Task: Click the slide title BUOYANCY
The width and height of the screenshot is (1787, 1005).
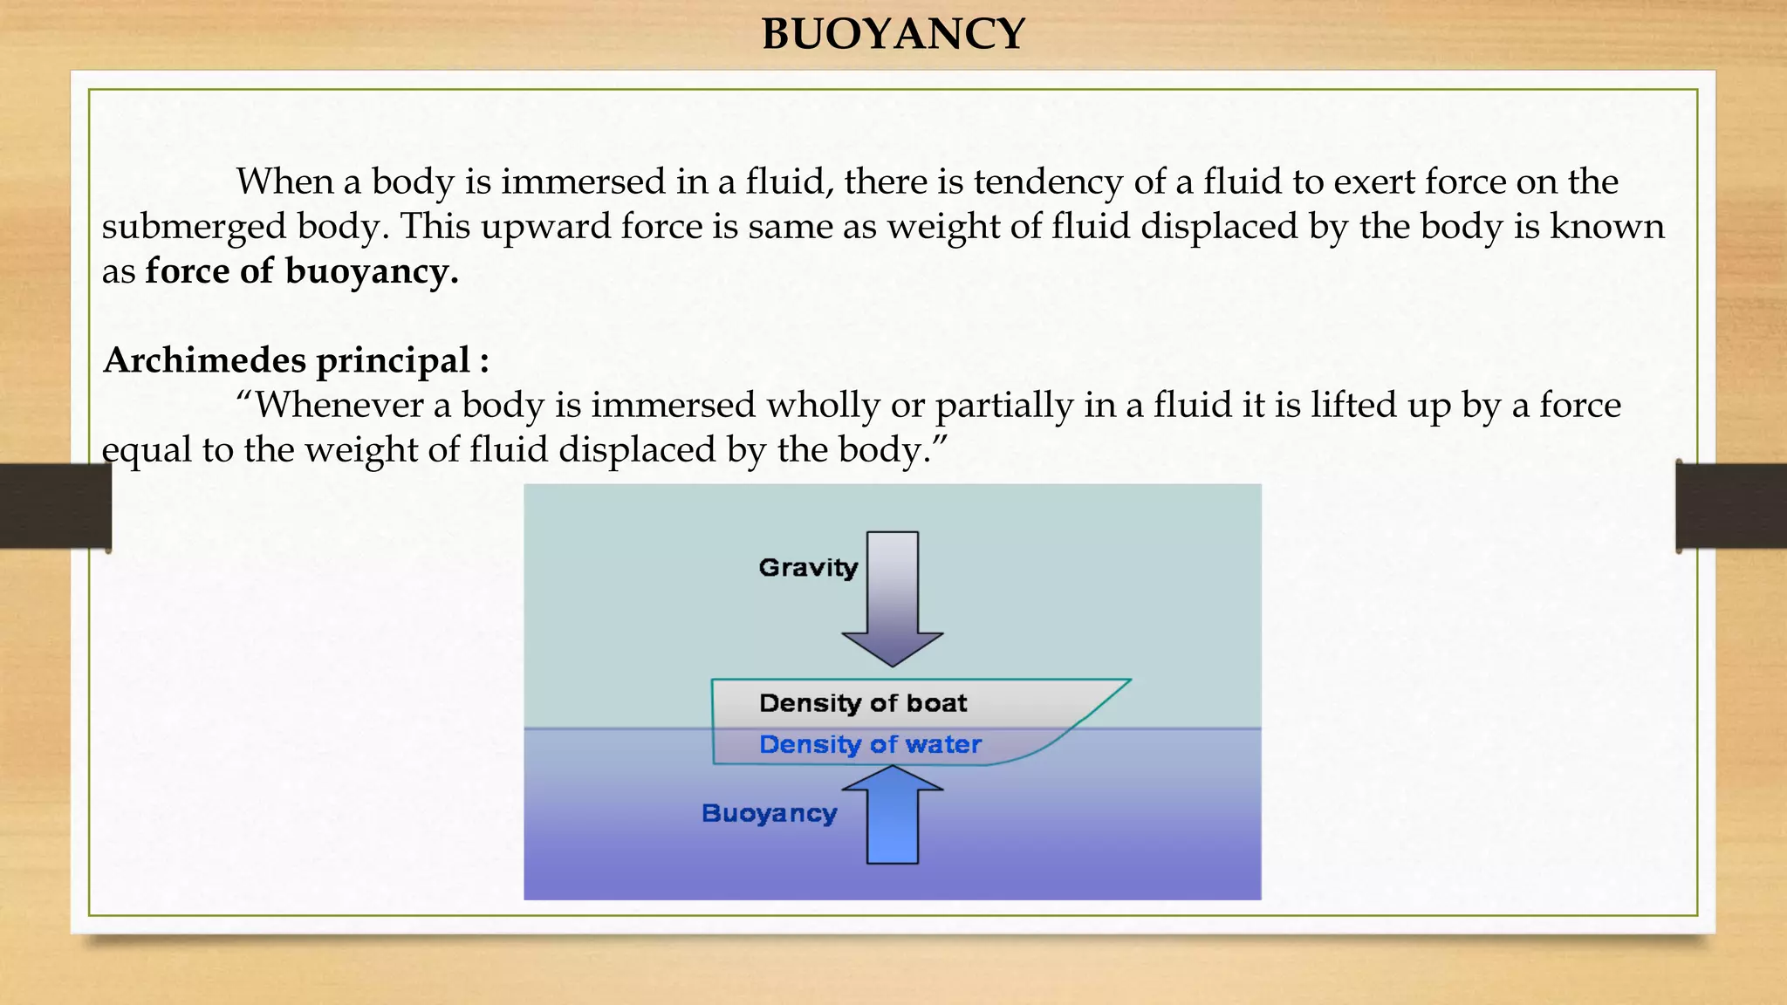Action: coord(893,35)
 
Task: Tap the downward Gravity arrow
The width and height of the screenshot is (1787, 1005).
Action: coord(893,602)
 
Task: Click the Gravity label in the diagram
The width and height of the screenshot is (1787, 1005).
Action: coord(808,568)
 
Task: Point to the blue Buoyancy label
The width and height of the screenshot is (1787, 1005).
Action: coord(769,813)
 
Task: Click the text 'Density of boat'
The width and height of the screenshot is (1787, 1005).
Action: coord(863,703)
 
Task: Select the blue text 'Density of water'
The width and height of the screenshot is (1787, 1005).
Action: coord(870,744)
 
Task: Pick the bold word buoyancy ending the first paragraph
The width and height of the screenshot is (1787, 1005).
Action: coord(371,272)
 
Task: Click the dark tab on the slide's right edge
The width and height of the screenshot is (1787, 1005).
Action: coord(1731,506)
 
